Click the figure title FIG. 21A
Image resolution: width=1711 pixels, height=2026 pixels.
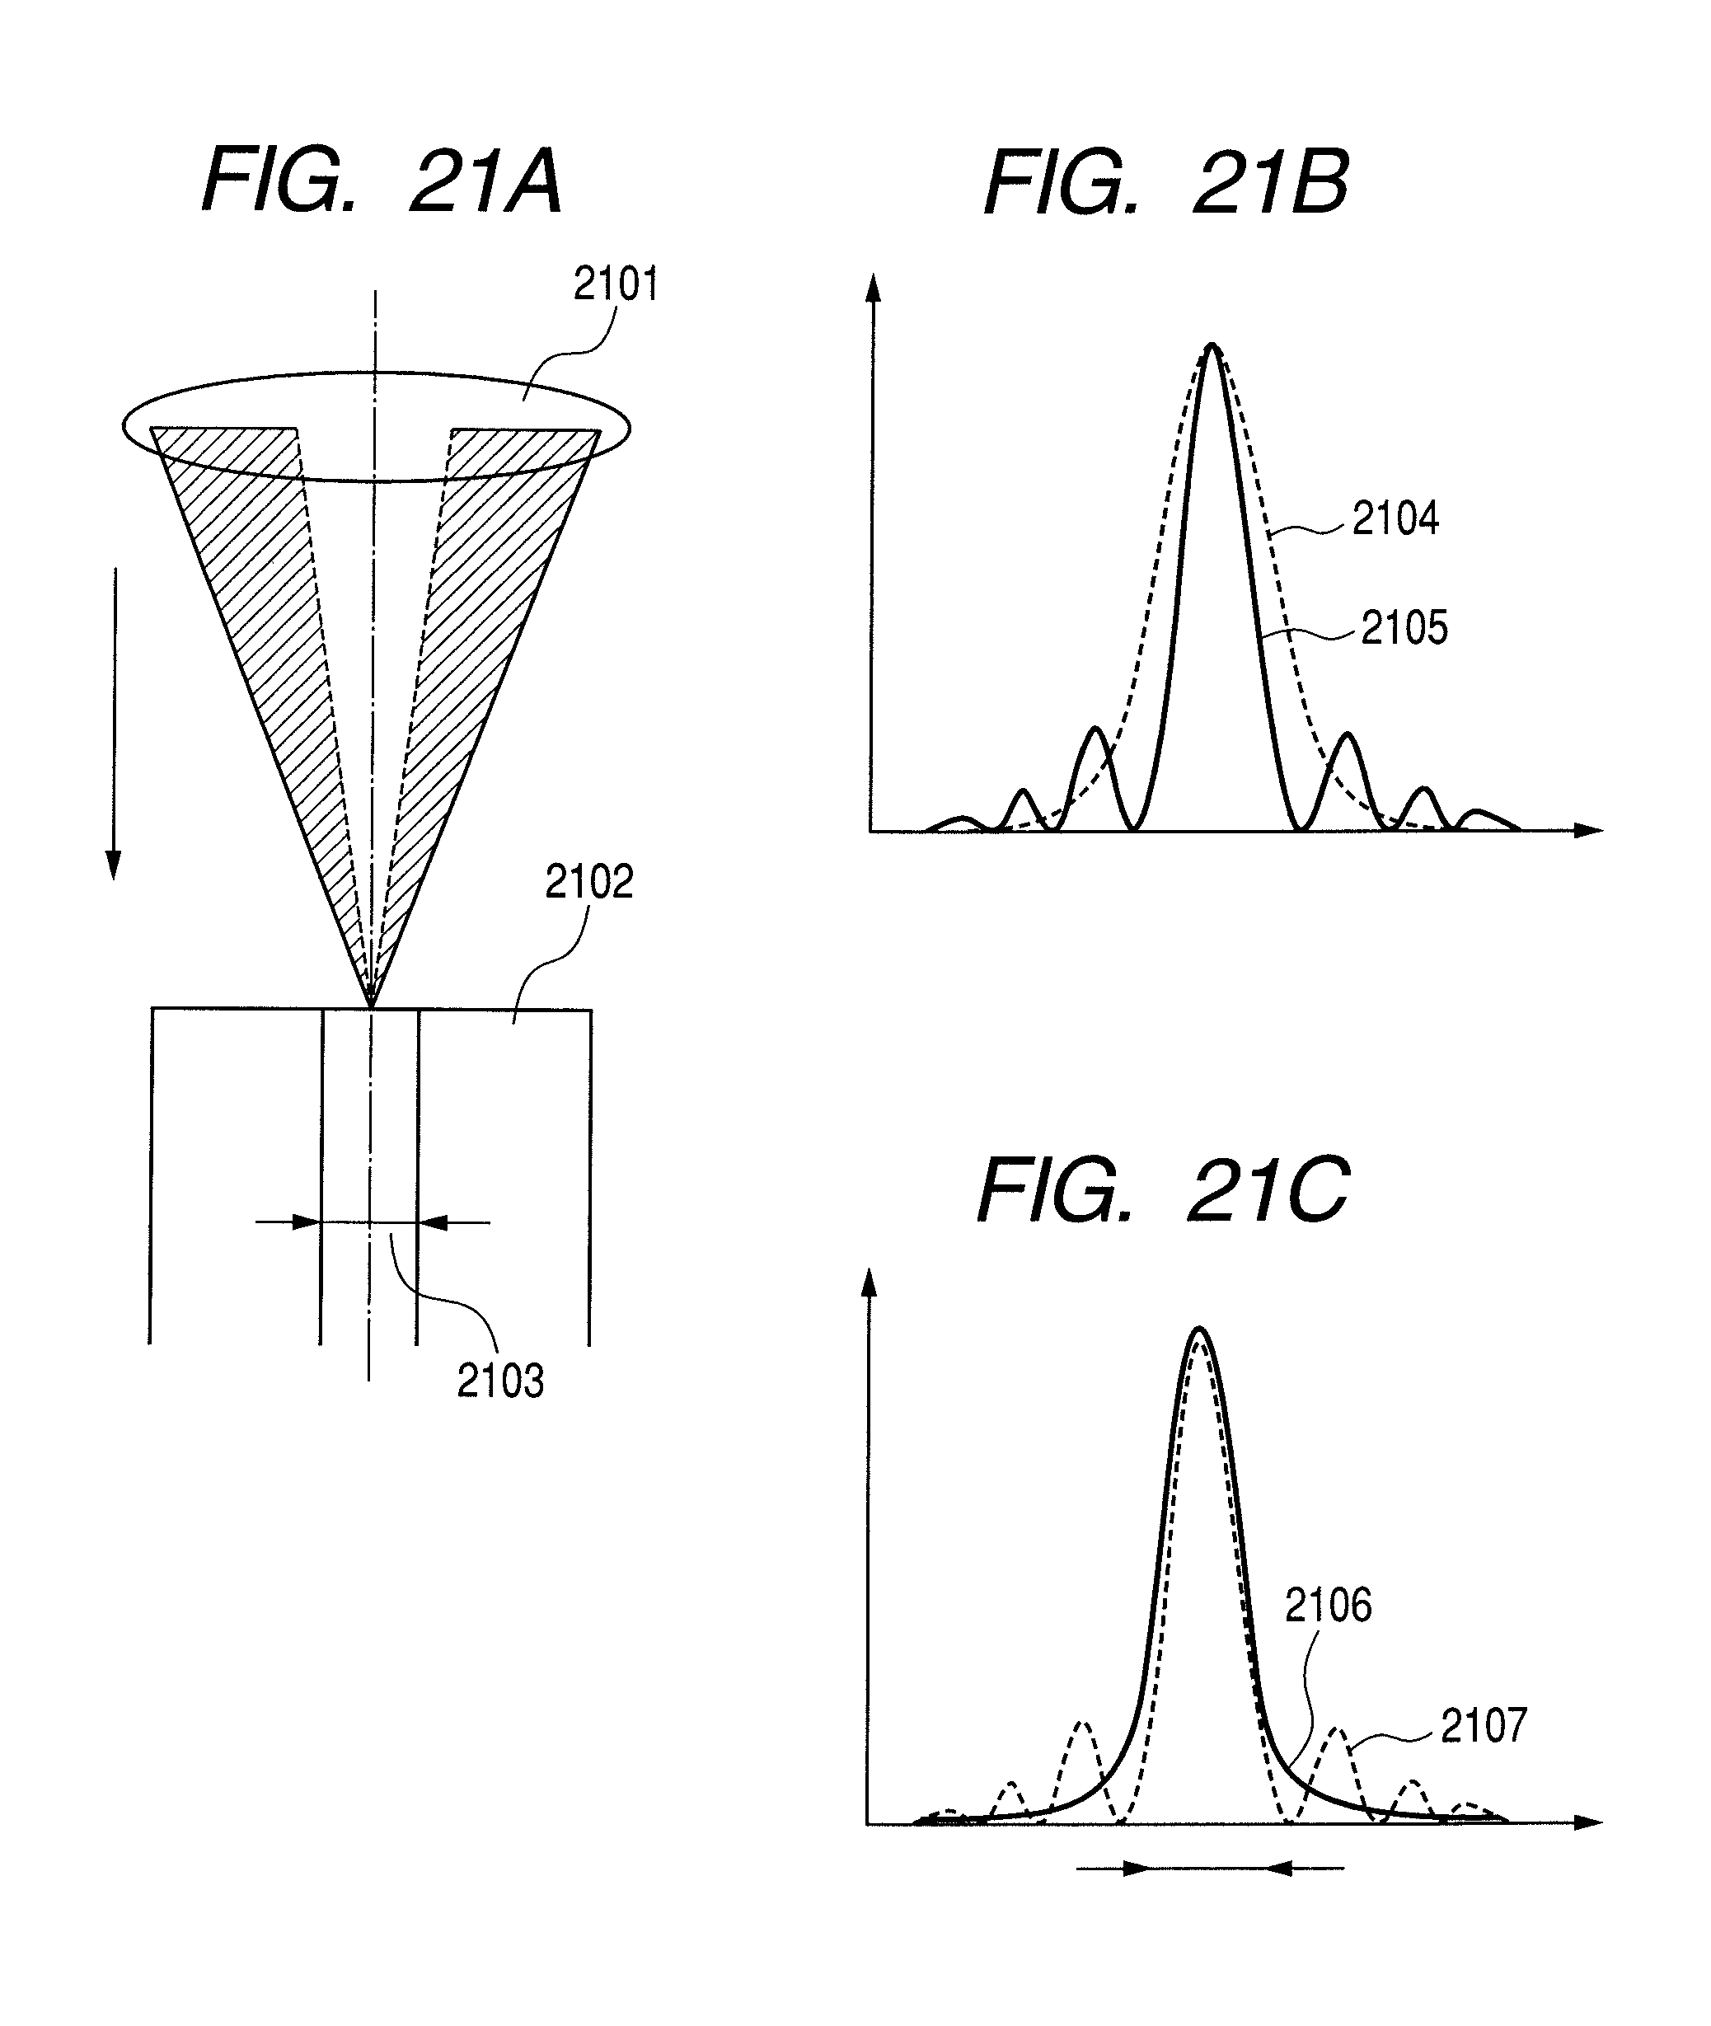(x=382, y=181)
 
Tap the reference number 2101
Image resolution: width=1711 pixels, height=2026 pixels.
(x=615, y=284)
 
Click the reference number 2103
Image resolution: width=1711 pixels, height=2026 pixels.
(x=499, y=1381)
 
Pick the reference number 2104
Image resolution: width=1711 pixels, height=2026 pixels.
(x=1395, y=519)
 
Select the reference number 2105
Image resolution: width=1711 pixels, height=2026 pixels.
(x=1404, y=627)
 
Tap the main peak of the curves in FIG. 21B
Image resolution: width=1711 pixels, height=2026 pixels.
(x=1212, y=346)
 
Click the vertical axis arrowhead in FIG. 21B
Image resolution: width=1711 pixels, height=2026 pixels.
(x=873, y=287)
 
